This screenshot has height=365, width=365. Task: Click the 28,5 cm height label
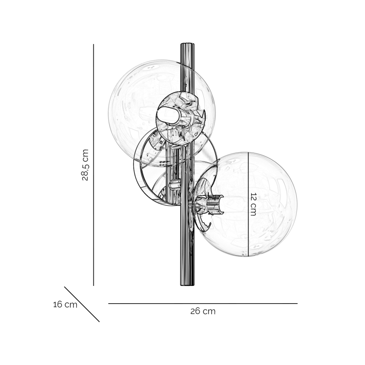(x=85, y=165)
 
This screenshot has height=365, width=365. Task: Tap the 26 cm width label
(x=203, y=311)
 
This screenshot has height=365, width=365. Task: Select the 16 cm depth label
(x=65, y=304)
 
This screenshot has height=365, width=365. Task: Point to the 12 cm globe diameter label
(x=253, y=204)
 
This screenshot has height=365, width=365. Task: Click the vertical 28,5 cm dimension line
(x=94, y=165)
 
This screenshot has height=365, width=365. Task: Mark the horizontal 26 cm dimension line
(x=203, y=304)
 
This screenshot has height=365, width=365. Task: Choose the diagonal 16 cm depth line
(x=82, y=304)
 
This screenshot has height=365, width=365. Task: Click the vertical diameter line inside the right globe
(x=249, y=204)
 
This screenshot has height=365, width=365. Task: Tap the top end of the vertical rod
(x=188, y=43)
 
